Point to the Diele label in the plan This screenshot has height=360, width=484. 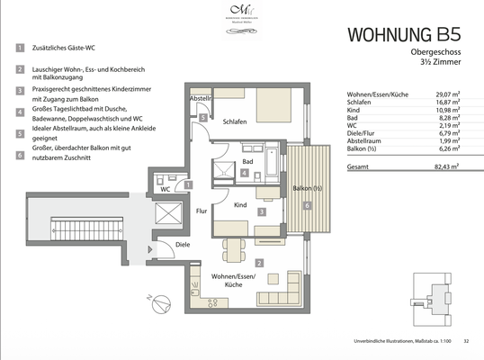182,245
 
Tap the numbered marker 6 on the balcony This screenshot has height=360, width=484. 306,206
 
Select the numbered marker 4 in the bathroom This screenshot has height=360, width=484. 244,171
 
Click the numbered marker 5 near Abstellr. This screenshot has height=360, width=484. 203,117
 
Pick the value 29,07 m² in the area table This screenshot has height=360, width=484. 446,94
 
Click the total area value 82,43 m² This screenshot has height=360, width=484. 446,167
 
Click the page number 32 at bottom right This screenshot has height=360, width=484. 466,341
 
